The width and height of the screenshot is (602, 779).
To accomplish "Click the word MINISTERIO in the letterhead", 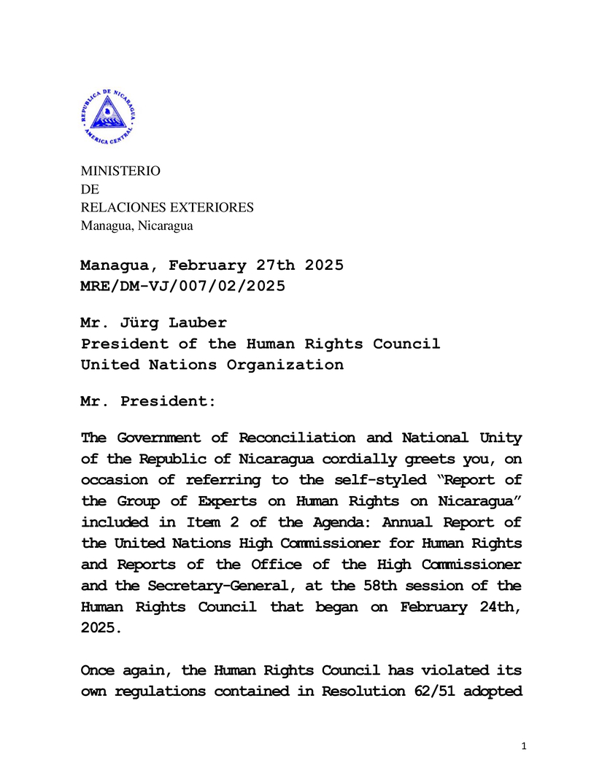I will coord(120,171).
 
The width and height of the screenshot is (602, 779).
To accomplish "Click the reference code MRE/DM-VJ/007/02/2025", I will coord(182,286).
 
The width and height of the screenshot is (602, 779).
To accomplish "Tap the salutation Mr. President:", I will coord(147,401).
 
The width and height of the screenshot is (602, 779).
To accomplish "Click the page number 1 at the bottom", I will coord(524,746).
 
